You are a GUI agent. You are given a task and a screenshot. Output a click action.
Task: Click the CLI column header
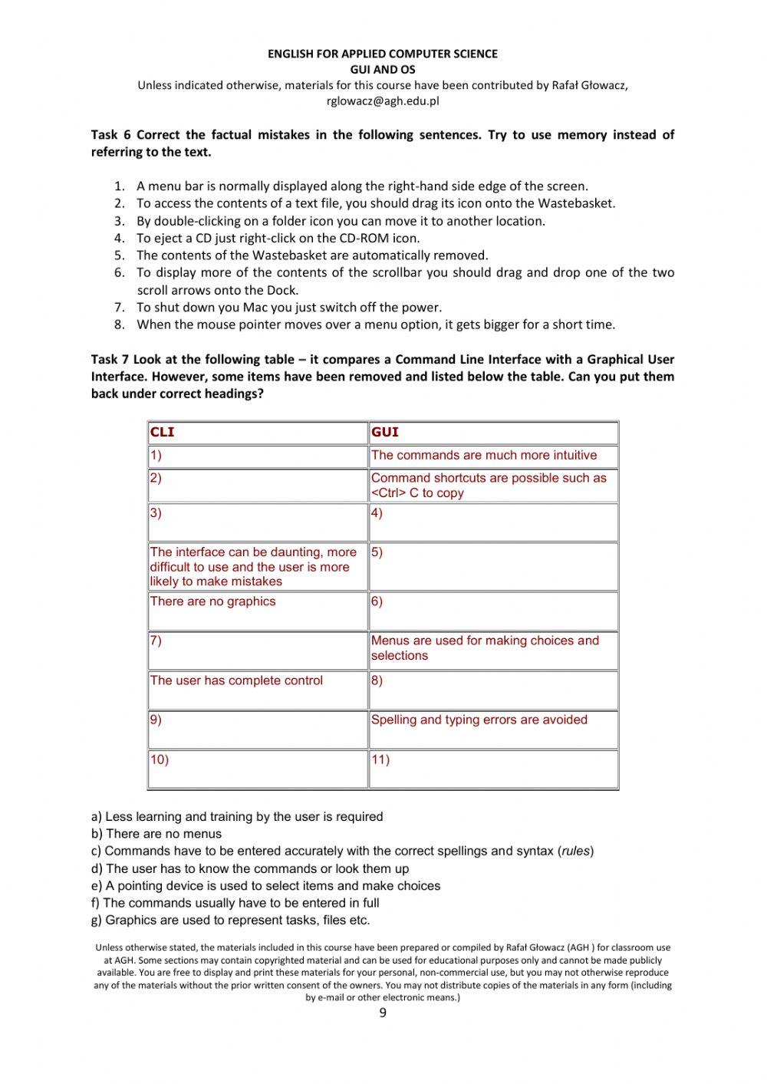point(163,432)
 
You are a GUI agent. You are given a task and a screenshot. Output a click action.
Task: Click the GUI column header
point(385,432)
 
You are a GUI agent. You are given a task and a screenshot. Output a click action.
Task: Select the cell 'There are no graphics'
point(213,601)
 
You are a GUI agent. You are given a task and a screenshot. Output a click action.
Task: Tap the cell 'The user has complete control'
point(236,680)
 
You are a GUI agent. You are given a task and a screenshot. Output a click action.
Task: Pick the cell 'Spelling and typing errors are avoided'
point(479,720)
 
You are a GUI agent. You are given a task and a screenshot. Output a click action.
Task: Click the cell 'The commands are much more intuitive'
point(483,455)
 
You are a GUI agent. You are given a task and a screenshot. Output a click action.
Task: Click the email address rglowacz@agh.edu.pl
point(382,100)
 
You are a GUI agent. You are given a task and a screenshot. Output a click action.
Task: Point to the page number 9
point(383,1013)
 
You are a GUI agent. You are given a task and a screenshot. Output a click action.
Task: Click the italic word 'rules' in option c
point(575,851)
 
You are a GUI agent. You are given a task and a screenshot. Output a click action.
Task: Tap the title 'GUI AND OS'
point(382,69)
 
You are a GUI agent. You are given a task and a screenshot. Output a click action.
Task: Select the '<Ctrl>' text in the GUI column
point(388,493)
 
